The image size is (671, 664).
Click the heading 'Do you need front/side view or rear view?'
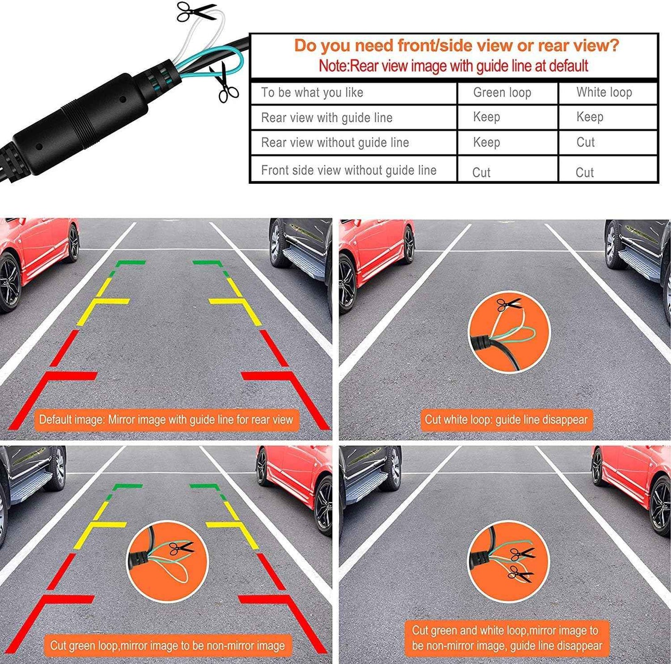(456, 45)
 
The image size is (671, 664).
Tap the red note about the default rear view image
(453, 66)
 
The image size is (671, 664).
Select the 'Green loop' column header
(502, 92)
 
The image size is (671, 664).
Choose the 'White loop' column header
(604, 92)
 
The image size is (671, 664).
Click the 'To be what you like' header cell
(312, 92)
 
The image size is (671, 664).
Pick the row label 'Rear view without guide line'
(335, 142)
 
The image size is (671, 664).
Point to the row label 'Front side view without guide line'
(349, 170)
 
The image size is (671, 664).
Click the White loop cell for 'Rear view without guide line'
(585, 142)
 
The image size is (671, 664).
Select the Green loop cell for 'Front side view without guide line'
(481, 173)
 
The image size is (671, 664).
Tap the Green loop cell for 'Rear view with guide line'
(486, 117)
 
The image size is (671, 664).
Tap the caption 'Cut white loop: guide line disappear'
(506, 420)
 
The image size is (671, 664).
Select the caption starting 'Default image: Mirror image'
(166, 420)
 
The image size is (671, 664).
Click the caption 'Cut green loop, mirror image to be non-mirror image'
(167, 645)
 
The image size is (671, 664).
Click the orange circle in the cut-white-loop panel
(509, 332)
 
